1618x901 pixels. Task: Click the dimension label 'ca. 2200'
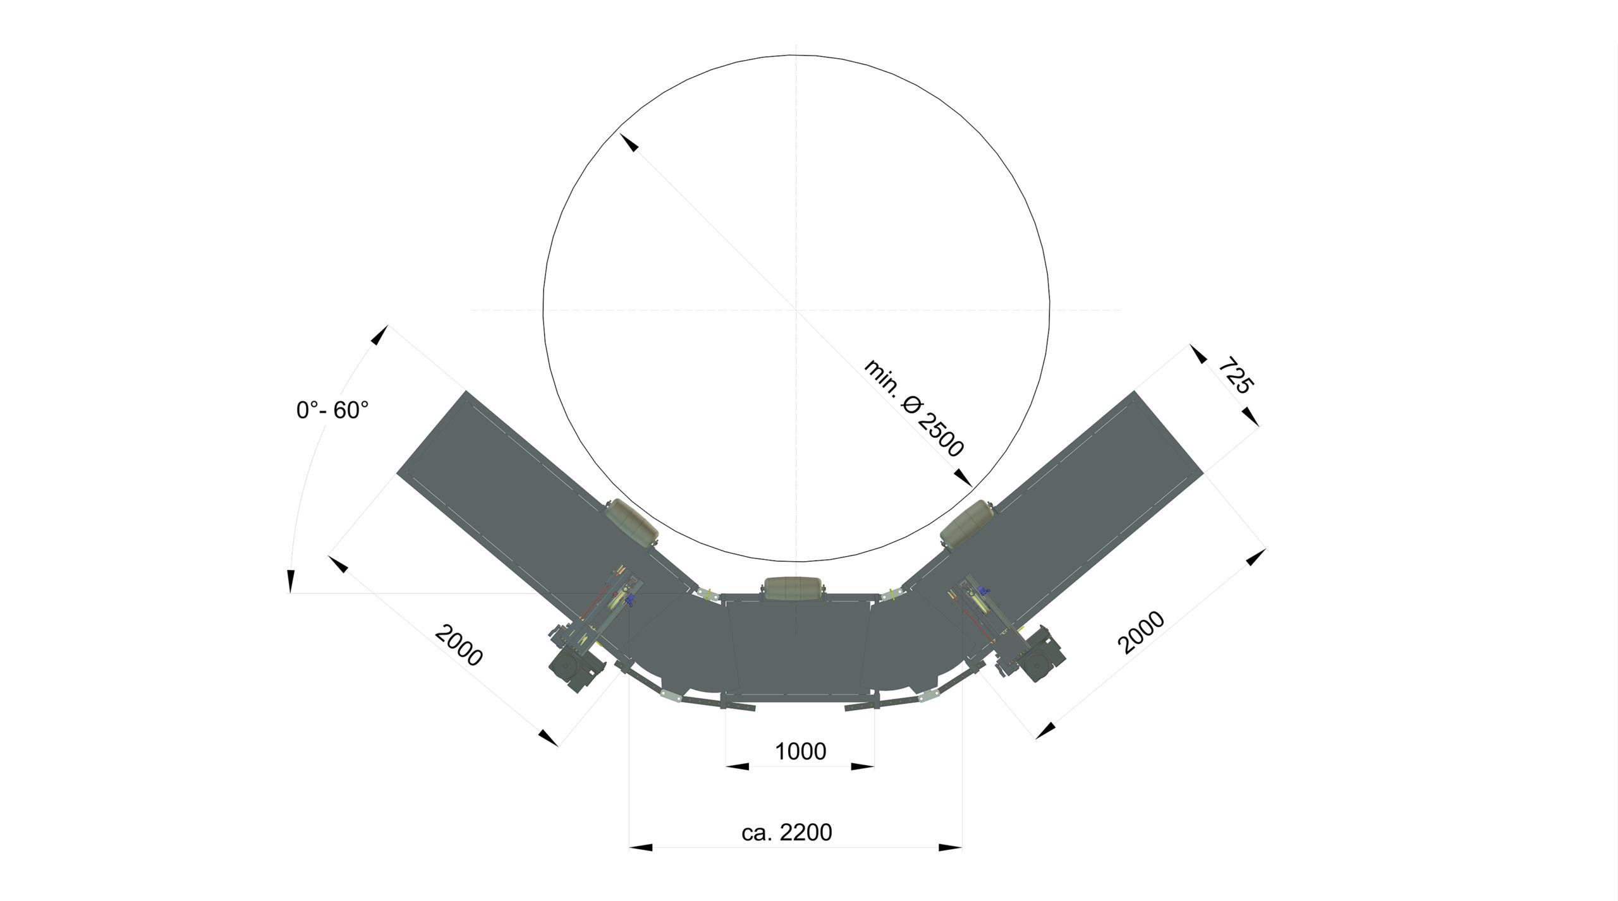click(x=787, y=832)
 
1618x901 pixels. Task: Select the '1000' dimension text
click(x=800, y=751)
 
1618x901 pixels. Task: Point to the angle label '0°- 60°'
click(x=332, y=411)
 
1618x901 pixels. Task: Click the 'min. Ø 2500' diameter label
click(x=913, y=409)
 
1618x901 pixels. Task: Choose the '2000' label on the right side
click(x=1141, y=632)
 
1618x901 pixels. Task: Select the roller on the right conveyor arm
click(x=967, y=523)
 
